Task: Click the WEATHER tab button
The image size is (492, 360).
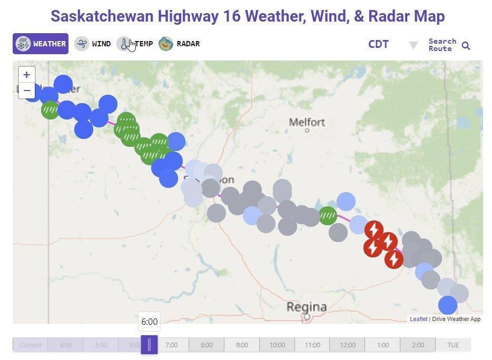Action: [41, 44]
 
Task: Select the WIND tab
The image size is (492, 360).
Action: [93, 44]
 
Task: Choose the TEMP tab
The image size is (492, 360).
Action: [135, 44]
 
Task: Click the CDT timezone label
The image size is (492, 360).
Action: [378, 44]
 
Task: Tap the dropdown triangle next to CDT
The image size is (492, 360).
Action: [414, 45]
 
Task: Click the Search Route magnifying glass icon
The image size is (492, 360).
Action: [466, 46]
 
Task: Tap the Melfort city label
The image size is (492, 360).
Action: [307, 122]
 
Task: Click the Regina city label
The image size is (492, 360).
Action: [307, 306]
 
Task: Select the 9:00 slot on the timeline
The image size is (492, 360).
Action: [242, 345]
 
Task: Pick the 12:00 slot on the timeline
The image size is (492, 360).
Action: [347, 345]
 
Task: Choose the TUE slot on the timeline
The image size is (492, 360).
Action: [453, 345]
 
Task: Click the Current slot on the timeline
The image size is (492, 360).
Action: [30, 345]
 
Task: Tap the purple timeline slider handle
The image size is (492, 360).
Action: [149, 345]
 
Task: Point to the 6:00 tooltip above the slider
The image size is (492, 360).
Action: [149, 322]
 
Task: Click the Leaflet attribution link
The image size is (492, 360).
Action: [418, 319]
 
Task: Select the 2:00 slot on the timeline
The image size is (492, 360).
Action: [418, 345]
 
